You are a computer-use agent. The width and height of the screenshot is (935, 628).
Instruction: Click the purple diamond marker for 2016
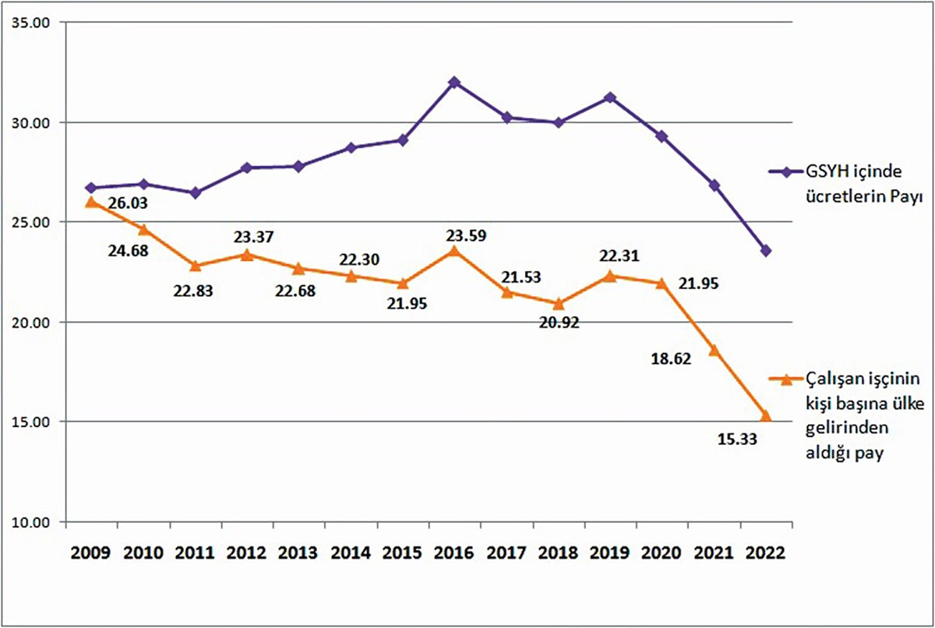pos(454,82)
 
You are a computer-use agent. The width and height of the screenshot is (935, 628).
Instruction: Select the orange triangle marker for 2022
pos(766,416)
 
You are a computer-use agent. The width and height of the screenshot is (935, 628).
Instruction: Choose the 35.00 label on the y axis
pos(29,23)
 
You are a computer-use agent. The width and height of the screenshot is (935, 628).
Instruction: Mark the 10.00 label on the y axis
pos(29,521)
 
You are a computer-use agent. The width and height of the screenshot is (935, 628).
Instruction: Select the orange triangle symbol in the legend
pos(786,379)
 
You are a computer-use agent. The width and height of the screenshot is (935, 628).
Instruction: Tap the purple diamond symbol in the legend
pos(786,172)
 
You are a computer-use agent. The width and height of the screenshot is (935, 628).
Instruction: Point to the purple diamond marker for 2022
pos(766,251)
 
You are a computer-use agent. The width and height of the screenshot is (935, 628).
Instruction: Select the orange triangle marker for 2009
pos(91,202)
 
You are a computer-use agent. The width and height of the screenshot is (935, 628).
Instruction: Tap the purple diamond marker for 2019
pos(610,97)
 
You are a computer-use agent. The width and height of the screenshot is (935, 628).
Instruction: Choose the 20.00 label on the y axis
pos(29,322)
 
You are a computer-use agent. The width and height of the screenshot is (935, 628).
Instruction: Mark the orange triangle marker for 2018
pos(559,304)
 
